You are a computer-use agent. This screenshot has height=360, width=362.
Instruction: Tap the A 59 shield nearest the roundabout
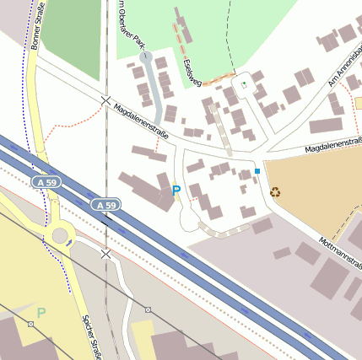45,182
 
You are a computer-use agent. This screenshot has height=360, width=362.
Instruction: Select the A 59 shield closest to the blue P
106,205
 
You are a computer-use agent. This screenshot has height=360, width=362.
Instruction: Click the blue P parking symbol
176,191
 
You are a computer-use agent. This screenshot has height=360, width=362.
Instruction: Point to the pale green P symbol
41,313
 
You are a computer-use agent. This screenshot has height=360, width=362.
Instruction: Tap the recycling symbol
275,191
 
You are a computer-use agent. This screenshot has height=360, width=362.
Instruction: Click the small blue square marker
257,171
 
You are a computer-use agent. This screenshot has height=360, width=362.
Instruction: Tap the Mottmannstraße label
341,254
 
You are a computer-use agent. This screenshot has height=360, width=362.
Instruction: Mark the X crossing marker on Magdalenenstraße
106,100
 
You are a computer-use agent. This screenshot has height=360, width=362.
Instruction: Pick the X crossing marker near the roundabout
105,253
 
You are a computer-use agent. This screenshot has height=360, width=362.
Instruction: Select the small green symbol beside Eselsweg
244,84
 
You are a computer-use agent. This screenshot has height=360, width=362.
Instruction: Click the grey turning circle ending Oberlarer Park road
147,57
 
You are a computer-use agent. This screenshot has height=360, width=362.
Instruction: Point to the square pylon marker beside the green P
30,324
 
